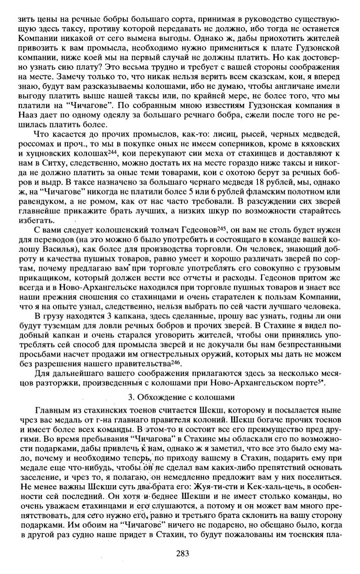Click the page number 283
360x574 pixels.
point(183,554)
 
